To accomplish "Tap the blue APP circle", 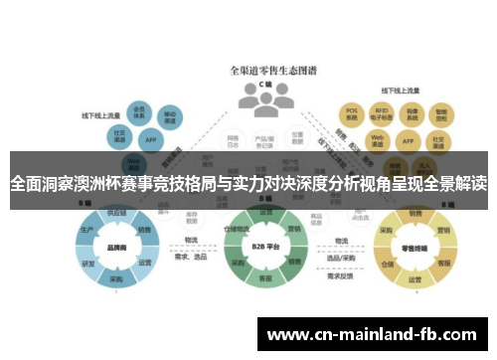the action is (149, 140).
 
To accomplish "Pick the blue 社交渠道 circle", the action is (119, 134).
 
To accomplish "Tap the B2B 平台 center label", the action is (264, 245).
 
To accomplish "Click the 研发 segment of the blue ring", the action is (88, 264).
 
